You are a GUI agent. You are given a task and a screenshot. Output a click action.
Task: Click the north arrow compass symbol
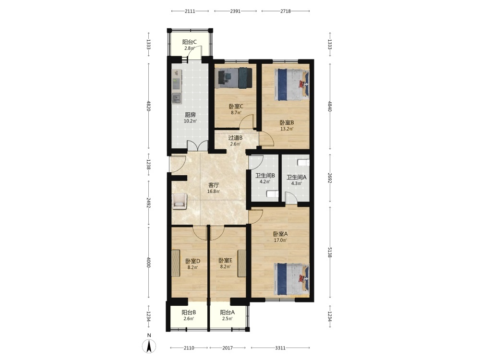(x=149, y=347)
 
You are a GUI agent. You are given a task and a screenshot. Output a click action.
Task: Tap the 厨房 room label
(x=190, y=115)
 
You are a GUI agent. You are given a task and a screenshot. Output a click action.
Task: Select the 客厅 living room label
(x=214, y=185)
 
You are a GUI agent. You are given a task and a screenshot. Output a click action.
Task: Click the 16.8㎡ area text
(x=214, y=192)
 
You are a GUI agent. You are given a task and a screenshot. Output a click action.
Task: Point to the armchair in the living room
(x=180, y=201)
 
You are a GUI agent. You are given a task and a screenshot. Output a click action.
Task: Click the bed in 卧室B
(x=292, y=84)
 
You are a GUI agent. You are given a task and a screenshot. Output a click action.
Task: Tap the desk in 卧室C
(x=227, y=78)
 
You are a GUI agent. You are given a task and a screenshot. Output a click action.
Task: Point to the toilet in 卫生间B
(x=273, y=194)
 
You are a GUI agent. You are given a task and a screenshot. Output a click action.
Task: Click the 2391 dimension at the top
(x=235, y=12)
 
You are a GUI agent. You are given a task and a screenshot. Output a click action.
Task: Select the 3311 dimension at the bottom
(x=280, y=348)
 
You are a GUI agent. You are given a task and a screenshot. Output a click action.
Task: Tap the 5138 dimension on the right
(x=330, y=252)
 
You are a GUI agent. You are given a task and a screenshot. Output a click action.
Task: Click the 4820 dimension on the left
(x=149, y=106)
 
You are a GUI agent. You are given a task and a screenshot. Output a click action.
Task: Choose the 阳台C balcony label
(x=190, y=42)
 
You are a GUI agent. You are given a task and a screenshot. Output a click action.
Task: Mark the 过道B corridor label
(x=235, y=138)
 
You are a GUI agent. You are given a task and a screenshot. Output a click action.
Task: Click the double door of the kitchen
(x=197, y=146)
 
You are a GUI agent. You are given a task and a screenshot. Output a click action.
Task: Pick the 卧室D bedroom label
(x=193, y=261)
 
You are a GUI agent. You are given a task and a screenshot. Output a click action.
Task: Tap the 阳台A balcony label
(x=228, y=312)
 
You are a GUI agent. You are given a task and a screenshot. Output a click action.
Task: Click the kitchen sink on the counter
(x=177, y=98)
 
